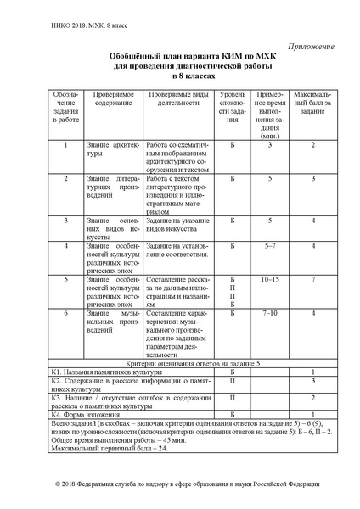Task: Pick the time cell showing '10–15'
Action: pyautogui.click(x=269, y=279)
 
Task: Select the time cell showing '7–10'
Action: pyautogui.click(x=269, y=313)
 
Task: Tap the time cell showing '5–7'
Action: pyautogui.click(x=269, y=246)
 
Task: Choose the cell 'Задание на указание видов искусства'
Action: pyautogui.click(x=177, y=225)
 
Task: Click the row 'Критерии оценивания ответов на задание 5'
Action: pyautogui.click(x=180, y=362)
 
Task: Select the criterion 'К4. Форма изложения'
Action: pyautogui.click(x=82, y=414)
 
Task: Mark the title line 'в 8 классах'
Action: pyautogui.click(x=178, y=76)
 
